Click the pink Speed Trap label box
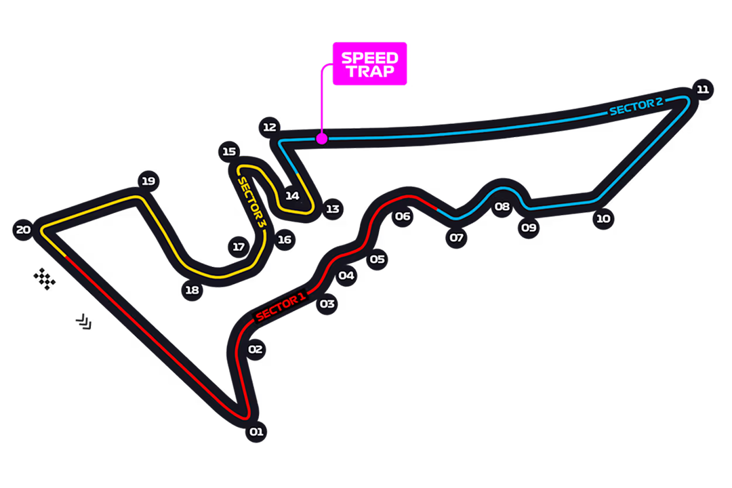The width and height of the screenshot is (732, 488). pyautogui.click(x=369, y=64)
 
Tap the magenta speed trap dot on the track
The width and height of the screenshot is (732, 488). pyautogui.click(x=322, y=138)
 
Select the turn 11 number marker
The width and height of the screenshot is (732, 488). pyautogui.click(x=702, y=89)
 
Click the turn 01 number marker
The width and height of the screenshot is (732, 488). pyautogui.click(x=256, y=432)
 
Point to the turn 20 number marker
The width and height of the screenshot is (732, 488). pyautogui.click(x=23, y=230)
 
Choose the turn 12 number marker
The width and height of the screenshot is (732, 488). pyautogui.click(x=270, y=127)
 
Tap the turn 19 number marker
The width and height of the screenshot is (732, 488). pyautogui.click(x=148, y=181)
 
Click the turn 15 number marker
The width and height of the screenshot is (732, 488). pyautogui.click(x=228, y=151)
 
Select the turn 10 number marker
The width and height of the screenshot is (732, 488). pyautogui.click(x=603, y=218)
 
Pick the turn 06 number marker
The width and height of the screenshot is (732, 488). pyautogui.click(x=403, y=216)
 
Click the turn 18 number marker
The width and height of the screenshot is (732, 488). pyautogui.click(x=192, y=291)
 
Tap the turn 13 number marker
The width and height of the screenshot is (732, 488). pyautogui.click(x=332, y=209)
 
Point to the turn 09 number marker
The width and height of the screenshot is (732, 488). pyautogui.click(x=529, y=228)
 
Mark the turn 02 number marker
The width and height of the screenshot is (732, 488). pyautogui.click(x=255, y=350)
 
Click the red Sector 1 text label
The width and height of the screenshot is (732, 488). pyautogui.click(x=281, y=307)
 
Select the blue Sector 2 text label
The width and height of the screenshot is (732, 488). pyautogui.click(x=635, y=106)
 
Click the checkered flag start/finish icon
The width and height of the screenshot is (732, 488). pyautogui.click(x=45, y=278)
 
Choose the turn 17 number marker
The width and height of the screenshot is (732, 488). pyautogui.click(x=238, y=247)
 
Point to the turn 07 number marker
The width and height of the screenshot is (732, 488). pyautogui.click(x=456, y=238)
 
